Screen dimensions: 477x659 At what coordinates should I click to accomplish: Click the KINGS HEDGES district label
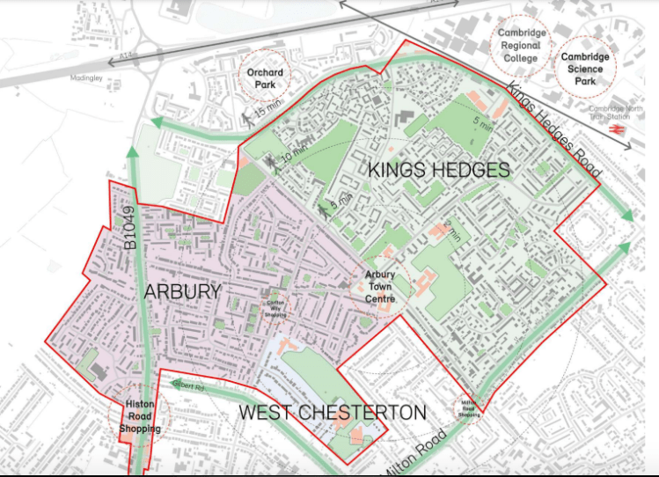pos(438,170)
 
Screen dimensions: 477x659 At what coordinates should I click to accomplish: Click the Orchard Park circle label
pos(264,78)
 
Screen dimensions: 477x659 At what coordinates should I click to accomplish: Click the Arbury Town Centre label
pos(381,287)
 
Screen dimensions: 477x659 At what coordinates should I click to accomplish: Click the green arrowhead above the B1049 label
pos(132,152)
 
